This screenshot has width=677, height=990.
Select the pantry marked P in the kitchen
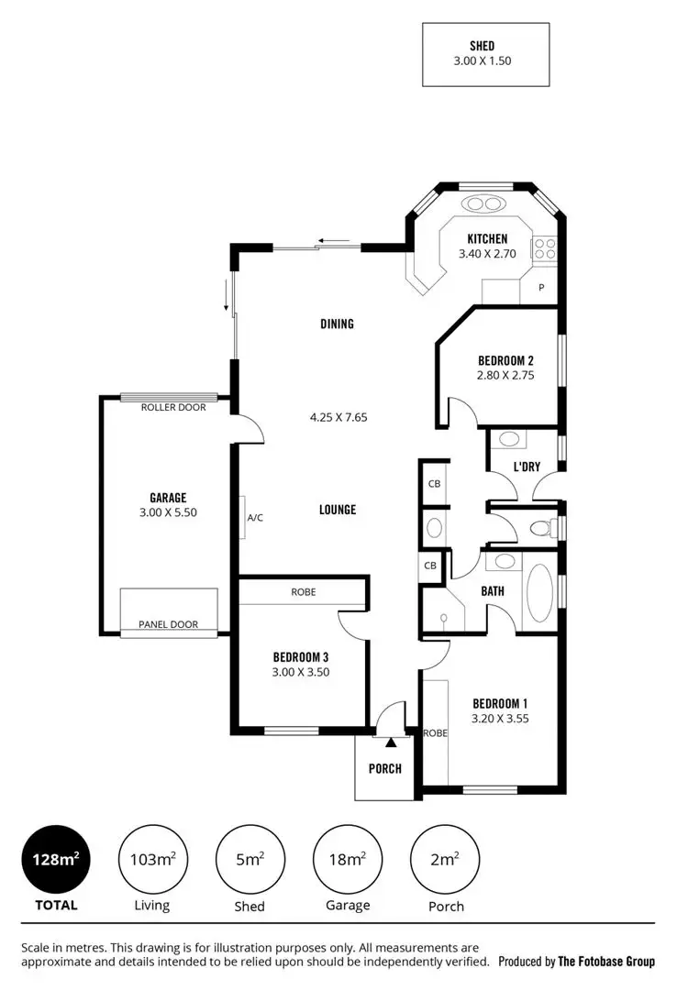point(541,288)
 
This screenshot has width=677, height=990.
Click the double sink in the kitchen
point(484,203)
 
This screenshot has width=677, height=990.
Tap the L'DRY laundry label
point(526,467)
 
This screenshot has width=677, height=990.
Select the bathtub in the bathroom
point(539,592)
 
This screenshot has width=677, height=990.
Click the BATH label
point(493,591)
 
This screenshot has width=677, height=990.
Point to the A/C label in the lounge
point(255,518)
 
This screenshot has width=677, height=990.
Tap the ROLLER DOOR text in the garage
point(173,407)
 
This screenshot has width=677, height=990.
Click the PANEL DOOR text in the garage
point(168,624)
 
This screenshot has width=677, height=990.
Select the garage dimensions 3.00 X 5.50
point(168,512)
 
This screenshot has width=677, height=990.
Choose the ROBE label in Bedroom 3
point(303,592)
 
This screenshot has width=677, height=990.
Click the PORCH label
point(385,768)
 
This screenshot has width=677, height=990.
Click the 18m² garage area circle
point(348,859)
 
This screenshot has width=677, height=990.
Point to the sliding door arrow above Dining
point(335,242)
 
